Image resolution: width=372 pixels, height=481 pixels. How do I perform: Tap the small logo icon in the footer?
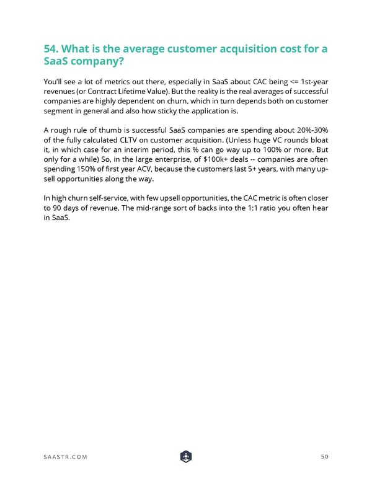click(185, 457)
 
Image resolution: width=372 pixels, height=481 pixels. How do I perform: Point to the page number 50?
click(324, 457)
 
